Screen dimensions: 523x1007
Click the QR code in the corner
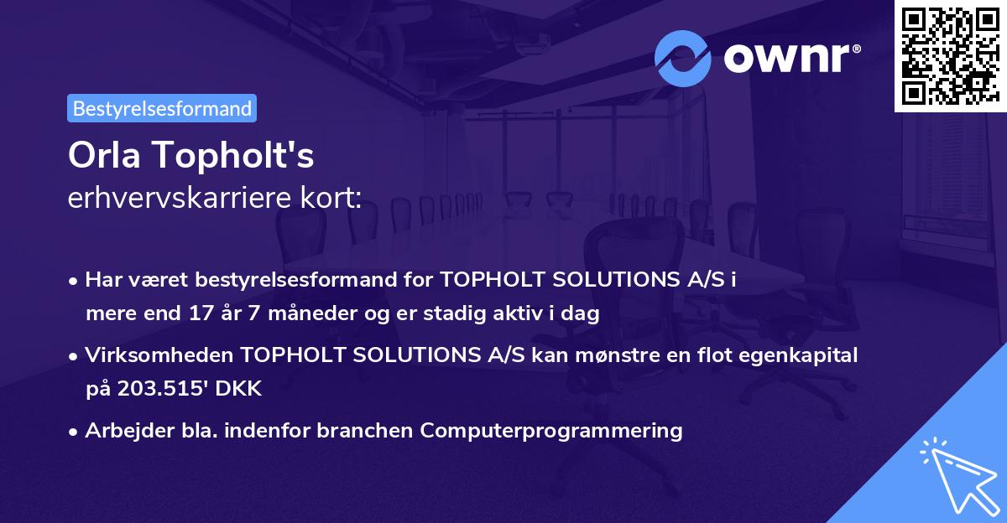951,55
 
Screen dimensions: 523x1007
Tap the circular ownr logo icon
683,59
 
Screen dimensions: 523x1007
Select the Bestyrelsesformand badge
162,108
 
